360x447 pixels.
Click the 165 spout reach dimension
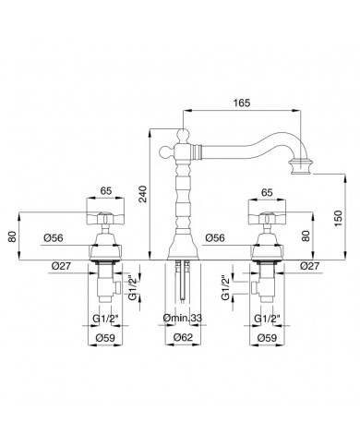pyautogui.click(x=242, y=103)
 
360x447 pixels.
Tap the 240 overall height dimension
pyautogui.click(x=143, y=194)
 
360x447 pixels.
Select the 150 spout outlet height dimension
pyautogui.click(x=338, y=218)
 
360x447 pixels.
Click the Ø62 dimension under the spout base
pyautogui.click(x=183, y=337)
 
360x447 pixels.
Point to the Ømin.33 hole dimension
pyautogui.click(x=183, y=318)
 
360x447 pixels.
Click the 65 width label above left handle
pyautogui.click(x=106, y=191)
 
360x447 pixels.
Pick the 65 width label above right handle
pyautogui.click(x=267, y=192)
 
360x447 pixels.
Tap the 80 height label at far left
pyautogui.click(x=12, y=236)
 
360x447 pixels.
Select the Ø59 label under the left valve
pyautogui.click(x=105, y=337)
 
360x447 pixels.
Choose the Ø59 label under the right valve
pyautogui.click(x=267, y=337)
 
